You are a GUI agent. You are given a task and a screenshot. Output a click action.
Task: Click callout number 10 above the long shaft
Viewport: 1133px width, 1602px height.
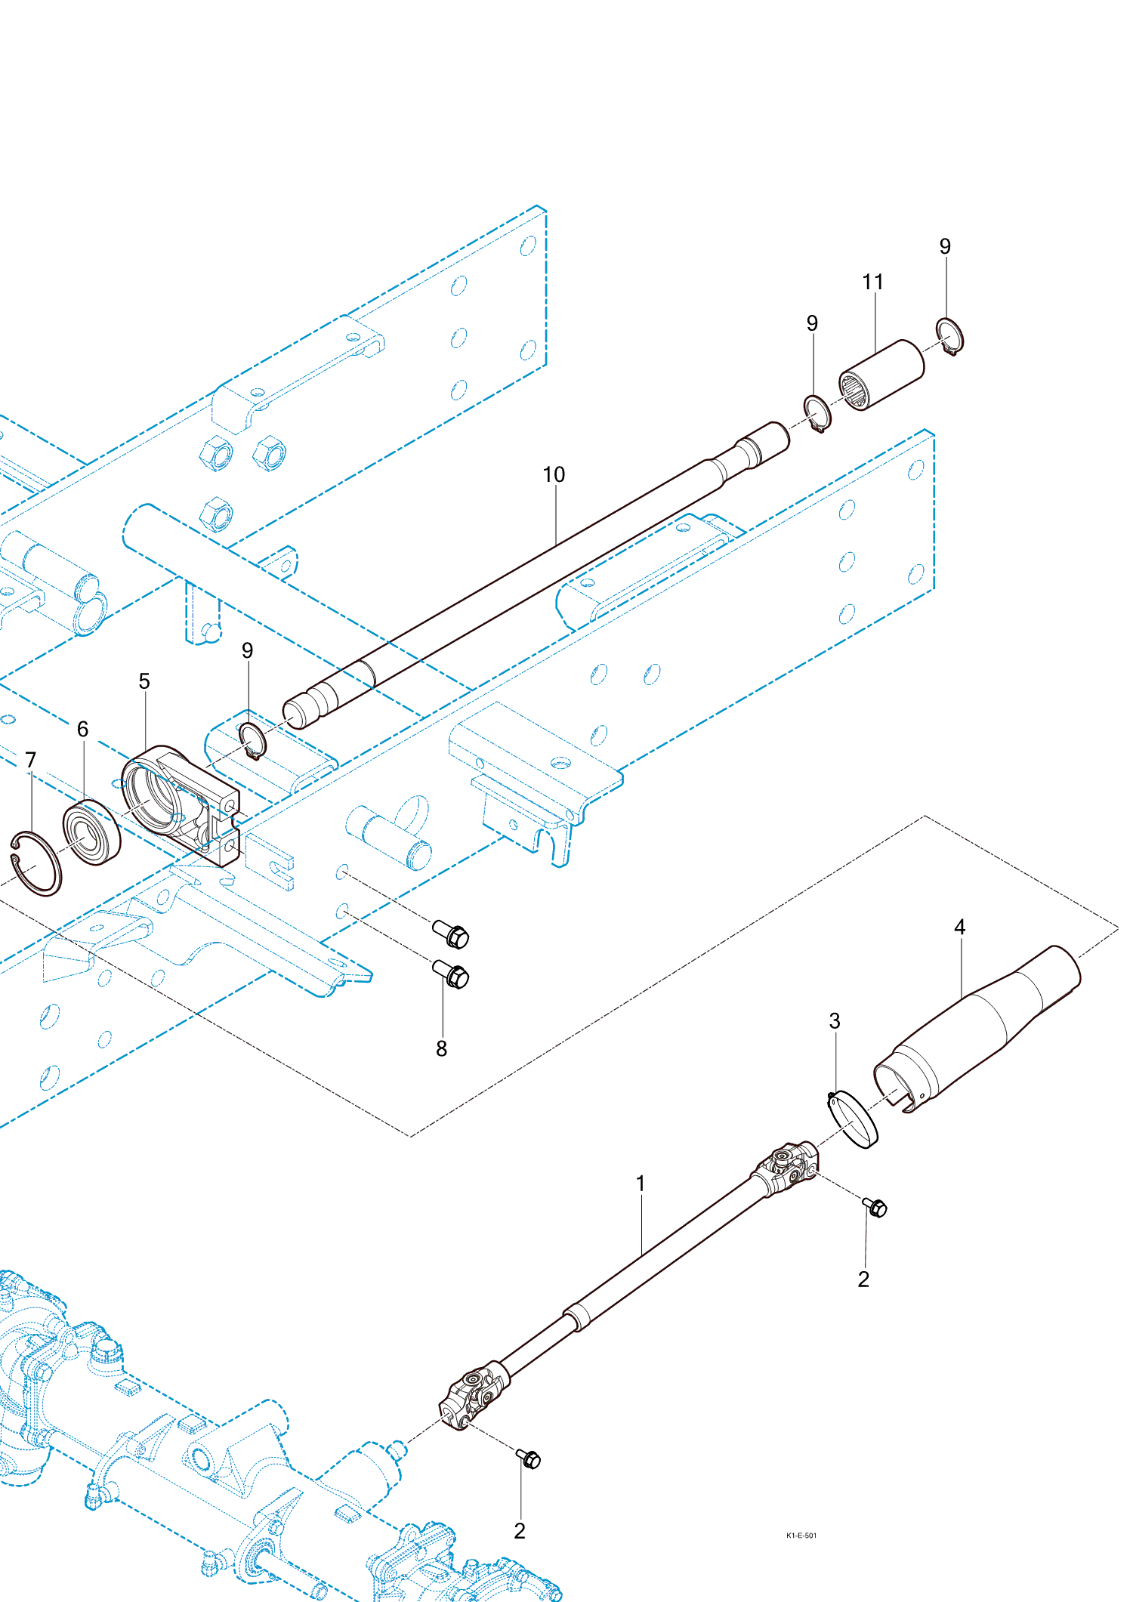(554, 474)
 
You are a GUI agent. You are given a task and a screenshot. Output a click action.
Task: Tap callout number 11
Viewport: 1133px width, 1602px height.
(872, 282)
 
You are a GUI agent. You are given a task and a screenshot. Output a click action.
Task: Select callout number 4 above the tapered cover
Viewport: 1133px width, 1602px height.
(959, 927)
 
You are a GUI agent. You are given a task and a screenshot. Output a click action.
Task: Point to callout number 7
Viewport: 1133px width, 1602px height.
(30, 759)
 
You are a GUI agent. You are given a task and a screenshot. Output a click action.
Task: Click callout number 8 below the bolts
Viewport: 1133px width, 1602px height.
(441, 1048)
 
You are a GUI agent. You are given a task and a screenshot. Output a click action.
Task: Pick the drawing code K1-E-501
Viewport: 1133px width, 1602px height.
(801, 1535)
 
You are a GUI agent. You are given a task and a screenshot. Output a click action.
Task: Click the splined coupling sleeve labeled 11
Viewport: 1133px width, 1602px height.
(881, 375)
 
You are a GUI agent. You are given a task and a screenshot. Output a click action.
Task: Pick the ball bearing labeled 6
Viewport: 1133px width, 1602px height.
(92, 832)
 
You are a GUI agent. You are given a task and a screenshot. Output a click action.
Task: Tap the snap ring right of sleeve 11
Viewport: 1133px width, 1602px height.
(949, 335)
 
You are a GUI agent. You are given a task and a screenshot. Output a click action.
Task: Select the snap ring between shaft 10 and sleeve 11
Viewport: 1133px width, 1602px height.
(817, 413)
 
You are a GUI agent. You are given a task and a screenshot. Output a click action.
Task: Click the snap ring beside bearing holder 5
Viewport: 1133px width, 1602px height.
(253, 741)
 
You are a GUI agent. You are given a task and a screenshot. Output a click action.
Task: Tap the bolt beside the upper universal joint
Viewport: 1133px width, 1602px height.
(875, 1207)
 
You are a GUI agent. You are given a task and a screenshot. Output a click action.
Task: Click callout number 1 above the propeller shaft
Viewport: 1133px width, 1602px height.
(641, 1183)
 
